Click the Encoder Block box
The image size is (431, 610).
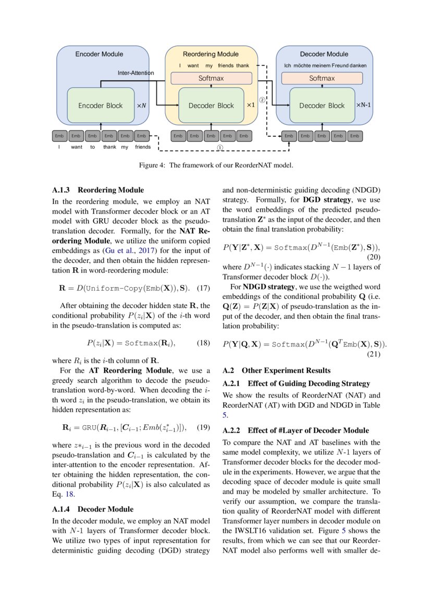coord(100,105)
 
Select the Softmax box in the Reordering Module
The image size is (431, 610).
coord(211,78)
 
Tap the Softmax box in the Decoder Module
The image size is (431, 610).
coord(322,78)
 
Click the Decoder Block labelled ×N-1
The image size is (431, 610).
coord(322,105)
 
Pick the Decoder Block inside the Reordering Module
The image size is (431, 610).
coord(211,105)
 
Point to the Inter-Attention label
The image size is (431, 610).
coord(136,73)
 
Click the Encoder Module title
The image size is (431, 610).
coord(99,54)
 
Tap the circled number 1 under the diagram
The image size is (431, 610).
coord(220,148)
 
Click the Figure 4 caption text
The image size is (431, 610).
coord(215,165)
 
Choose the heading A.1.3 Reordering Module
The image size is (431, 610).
coord(98,190)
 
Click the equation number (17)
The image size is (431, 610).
coord(204,288)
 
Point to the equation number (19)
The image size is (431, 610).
coord(204,427)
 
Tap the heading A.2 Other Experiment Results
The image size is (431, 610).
coord(276,370)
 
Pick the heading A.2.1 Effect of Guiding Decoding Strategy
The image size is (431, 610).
coord(296,384)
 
